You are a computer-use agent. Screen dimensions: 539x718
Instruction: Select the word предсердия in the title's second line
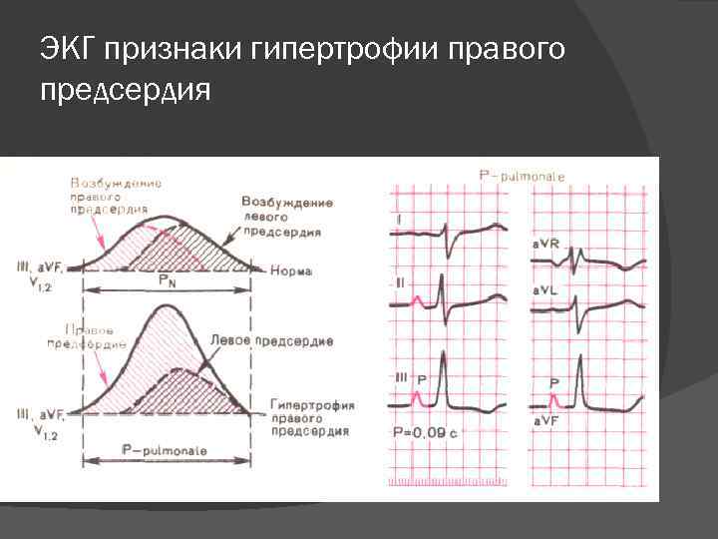126,91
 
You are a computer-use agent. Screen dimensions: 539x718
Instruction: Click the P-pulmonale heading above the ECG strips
522,176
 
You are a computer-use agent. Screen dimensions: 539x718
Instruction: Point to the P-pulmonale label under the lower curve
165,451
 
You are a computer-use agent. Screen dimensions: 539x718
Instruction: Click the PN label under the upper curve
169,281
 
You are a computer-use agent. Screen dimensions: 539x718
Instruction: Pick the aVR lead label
544,244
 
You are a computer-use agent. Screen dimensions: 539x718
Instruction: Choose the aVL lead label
544,290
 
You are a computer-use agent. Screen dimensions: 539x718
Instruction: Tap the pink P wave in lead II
422,296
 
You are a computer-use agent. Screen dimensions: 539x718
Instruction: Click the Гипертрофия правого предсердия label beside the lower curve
309,417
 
